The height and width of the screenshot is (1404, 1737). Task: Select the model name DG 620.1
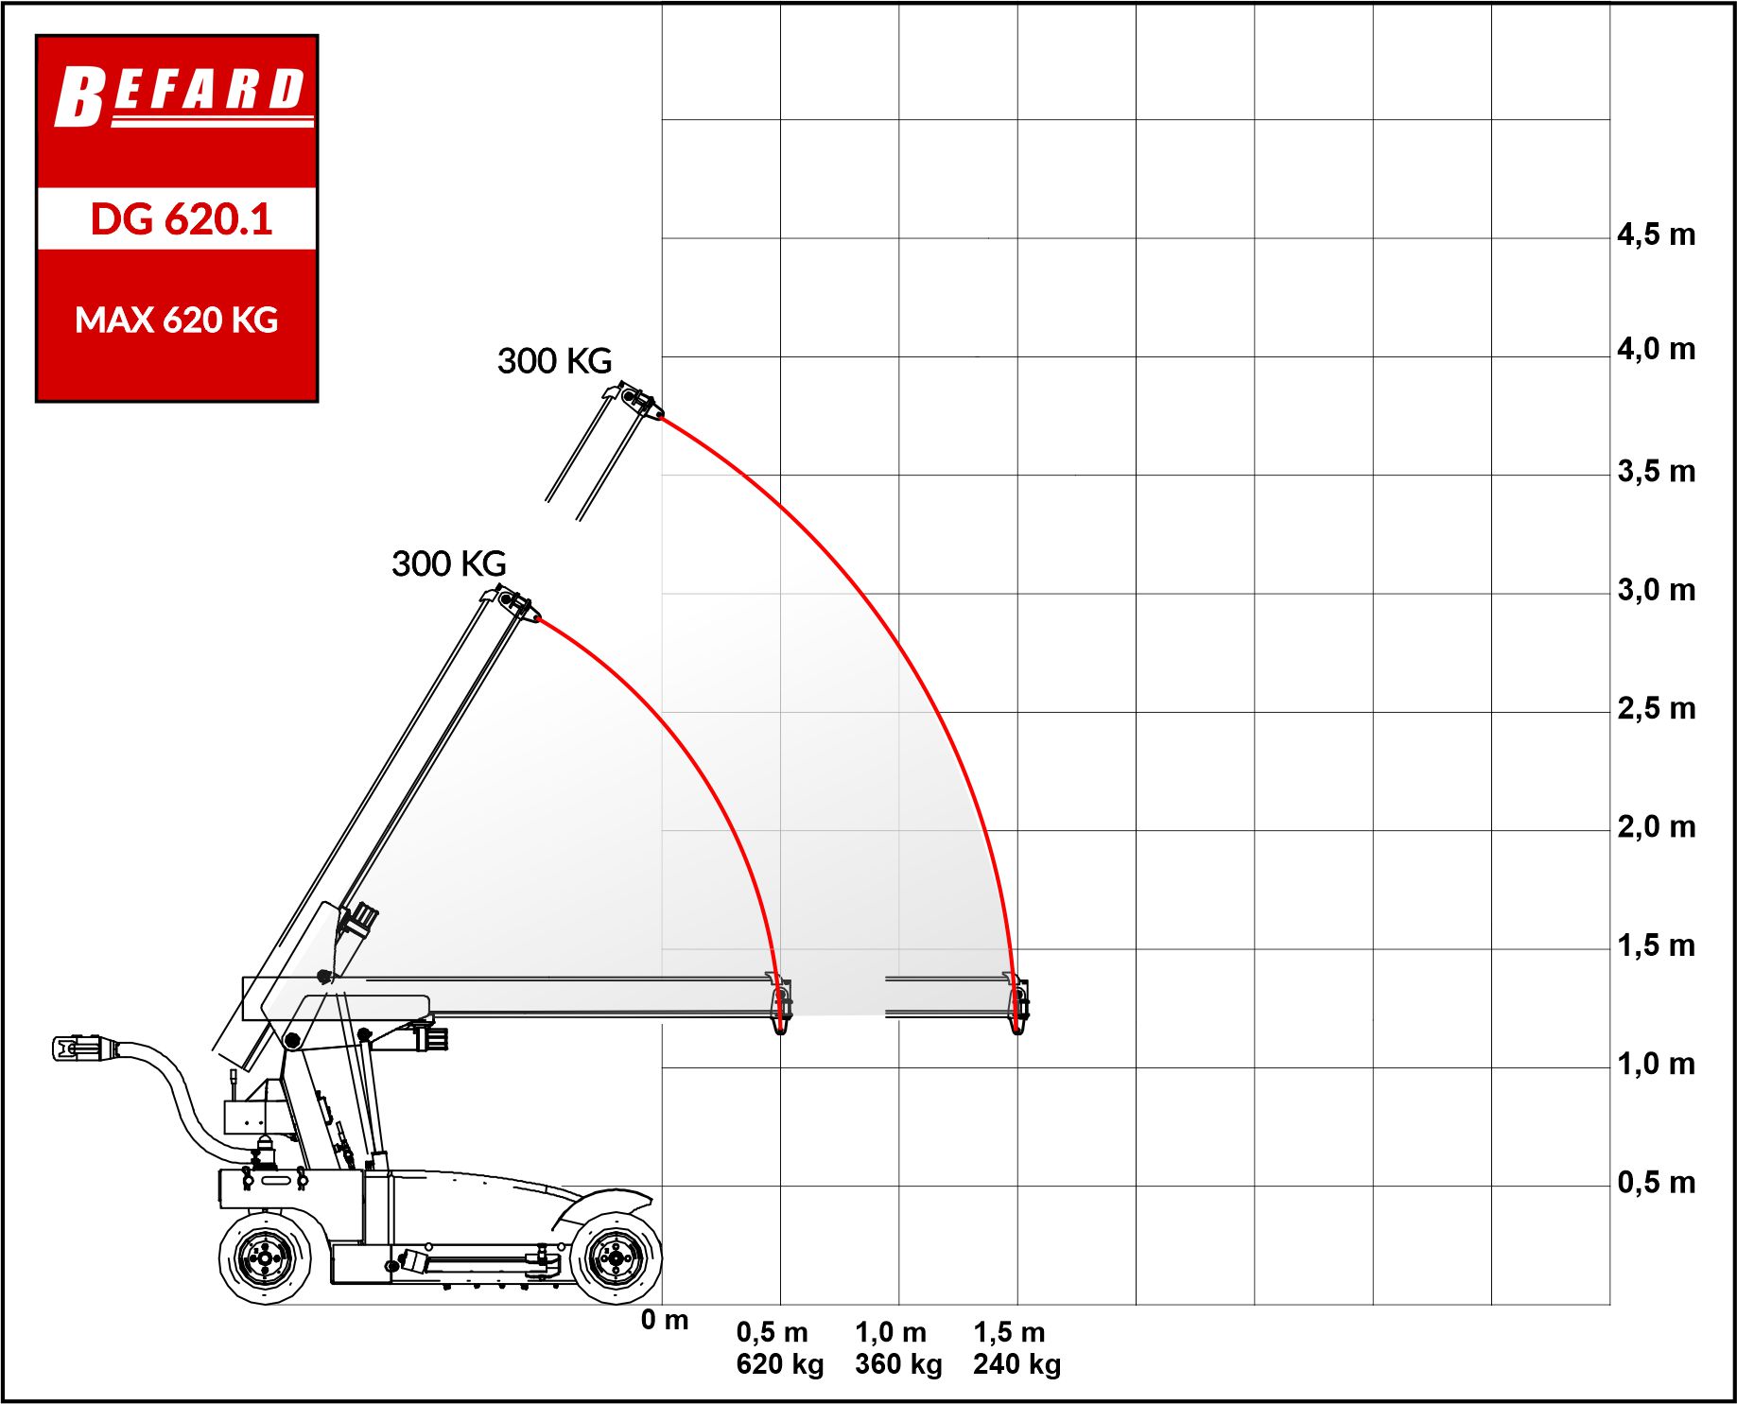tap(181, 219)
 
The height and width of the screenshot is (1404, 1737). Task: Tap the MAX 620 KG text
tap(177, 321)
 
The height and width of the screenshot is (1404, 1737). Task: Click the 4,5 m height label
tap(1656, 234)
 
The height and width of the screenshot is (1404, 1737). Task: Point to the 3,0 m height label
tap(1656, 590)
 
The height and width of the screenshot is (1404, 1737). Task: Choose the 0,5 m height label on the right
tap(1656, 1182)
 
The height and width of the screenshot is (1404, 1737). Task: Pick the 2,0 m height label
tap(1656, 826)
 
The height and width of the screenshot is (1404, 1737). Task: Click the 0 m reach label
tap(665, 1320)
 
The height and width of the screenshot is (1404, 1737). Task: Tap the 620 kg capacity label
tap(780, 1364)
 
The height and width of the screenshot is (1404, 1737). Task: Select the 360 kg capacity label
tap(898, 1364)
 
